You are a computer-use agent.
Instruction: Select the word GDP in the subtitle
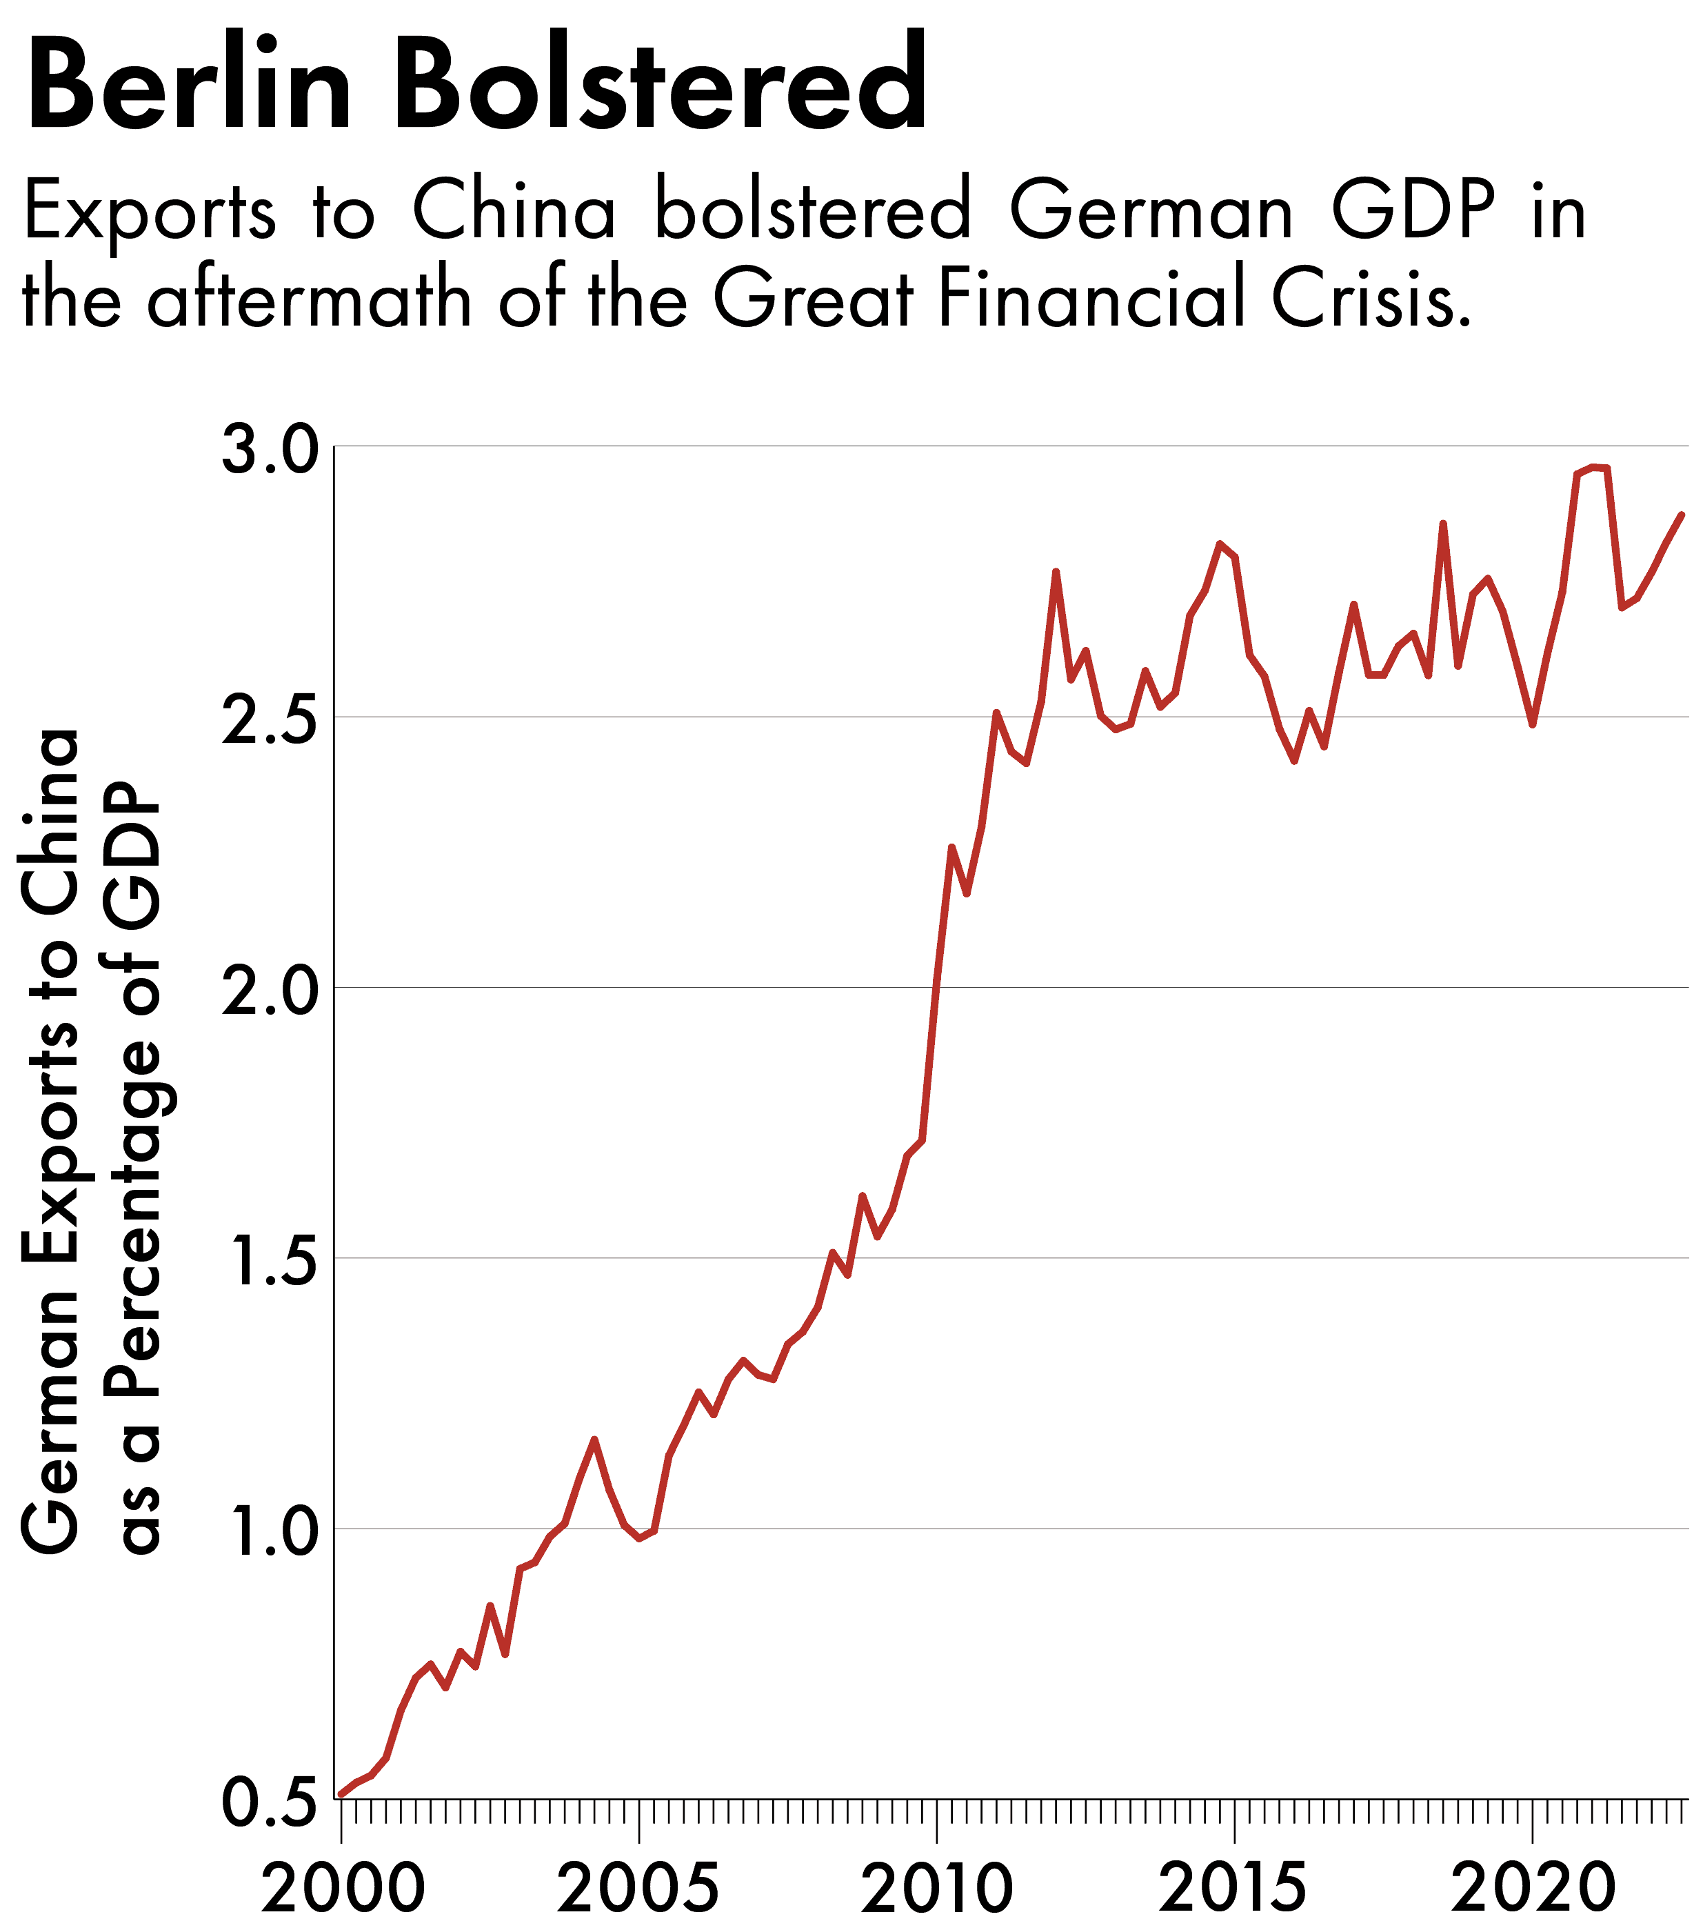click(1413, 212)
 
